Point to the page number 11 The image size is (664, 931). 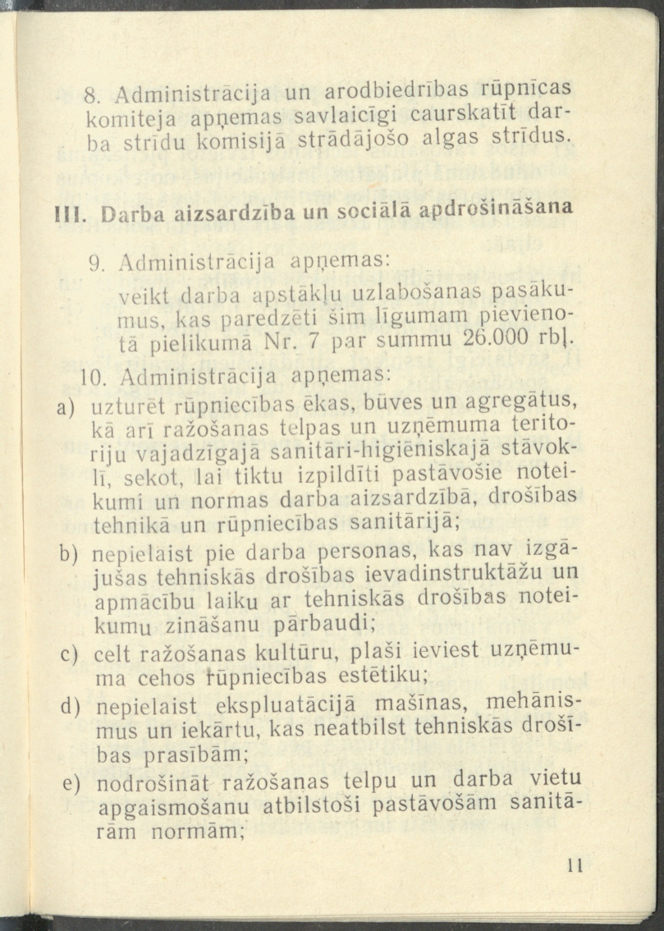pos(574,866)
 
